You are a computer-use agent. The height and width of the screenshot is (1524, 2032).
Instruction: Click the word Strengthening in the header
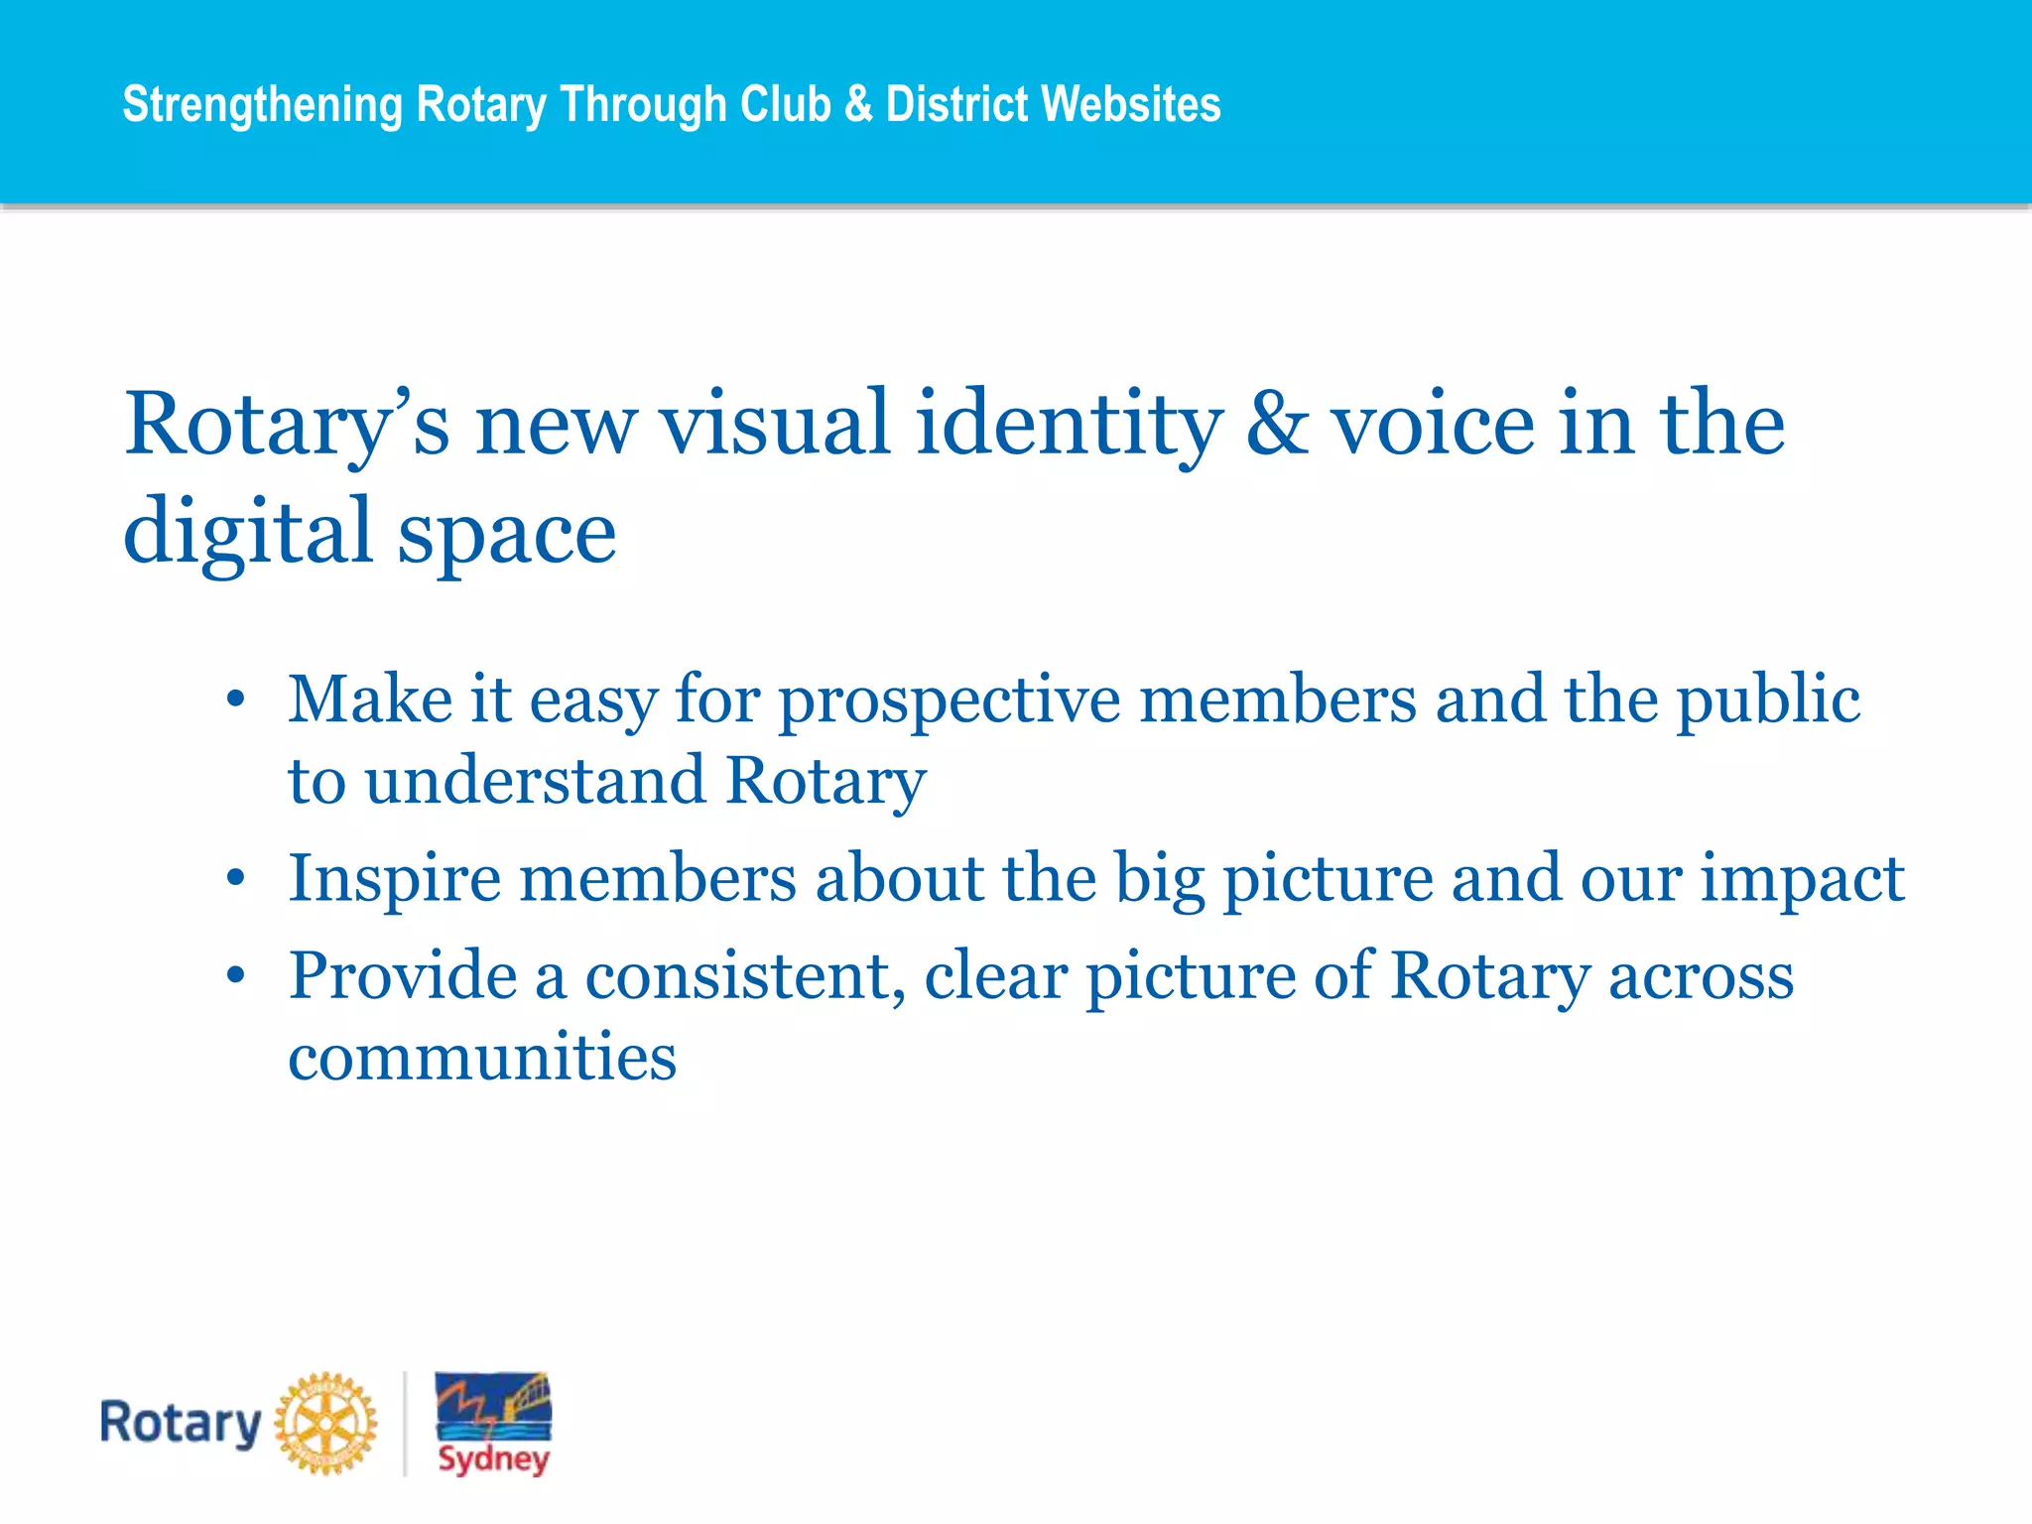(262, 105)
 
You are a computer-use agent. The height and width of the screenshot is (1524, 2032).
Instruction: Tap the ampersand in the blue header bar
(858, 104)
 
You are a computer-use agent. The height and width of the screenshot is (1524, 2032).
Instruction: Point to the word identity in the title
(1069, 425)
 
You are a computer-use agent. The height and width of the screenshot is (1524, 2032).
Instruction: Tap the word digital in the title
(247, 532)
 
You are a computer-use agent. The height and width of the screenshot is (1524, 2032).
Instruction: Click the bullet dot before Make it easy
(235, 699)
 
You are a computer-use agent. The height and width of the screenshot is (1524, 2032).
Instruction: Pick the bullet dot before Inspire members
(235, 878)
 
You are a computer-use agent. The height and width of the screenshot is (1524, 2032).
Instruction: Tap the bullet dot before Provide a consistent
(235, 975)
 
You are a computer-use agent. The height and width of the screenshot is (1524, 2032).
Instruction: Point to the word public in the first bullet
(1768, 700)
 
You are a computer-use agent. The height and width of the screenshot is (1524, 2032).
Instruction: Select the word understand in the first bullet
(536, 780)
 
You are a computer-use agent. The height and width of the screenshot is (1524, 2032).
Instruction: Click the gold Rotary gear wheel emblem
(325, 1424)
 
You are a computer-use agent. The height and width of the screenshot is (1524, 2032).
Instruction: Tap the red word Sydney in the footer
(494, 1460)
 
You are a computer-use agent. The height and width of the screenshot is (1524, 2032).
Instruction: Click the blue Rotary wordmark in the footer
(180, 1424)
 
